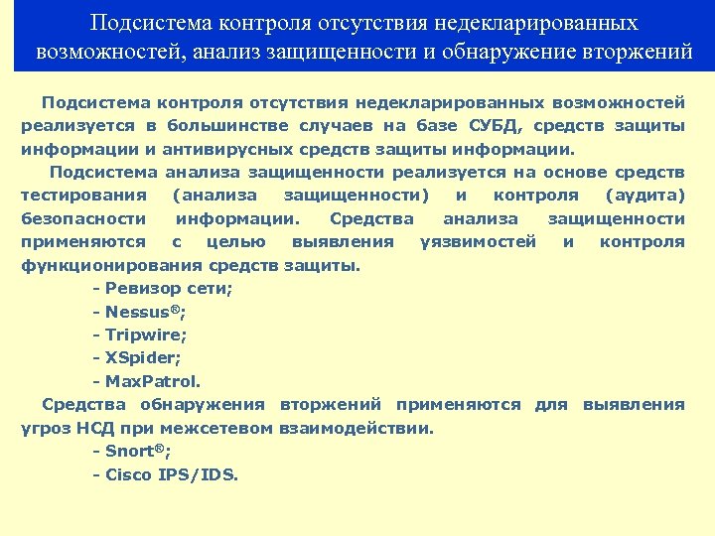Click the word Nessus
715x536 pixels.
(x=137, y=312)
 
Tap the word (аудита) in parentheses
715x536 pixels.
(x=645, y=196)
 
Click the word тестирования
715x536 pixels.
(x=84, y=196)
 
